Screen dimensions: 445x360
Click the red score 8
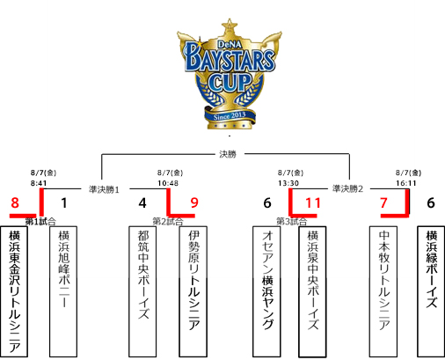15,202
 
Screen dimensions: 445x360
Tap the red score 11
313,202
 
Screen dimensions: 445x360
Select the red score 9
194,202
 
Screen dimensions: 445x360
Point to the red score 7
383,202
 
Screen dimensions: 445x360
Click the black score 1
64,202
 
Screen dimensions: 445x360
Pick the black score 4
142,202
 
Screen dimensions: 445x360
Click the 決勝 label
228,154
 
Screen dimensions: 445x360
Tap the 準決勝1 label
104,189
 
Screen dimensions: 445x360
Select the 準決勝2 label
347,188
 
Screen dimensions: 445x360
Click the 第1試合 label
40,222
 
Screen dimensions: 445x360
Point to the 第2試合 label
168,221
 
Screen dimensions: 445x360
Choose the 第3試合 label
292,221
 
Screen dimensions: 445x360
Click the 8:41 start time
39,183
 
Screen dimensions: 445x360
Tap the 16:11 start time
406,183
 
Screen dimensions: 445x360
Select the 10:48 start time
168,183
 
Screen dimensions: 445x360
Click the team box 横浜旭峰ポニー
63,291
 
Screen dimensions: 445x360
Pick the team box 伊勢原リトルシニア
193,291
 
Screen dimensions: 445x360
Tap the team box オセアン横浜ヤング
266,291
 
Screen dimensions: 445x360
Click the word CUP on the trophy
230,82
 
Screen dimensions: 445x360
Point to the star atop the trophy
230,25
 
